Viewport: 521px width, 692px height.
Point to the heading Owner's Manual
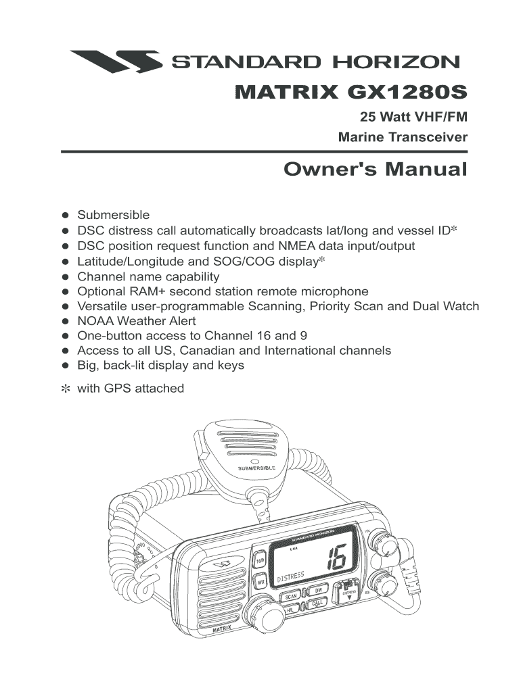pyautogui.click(x=375, y=168)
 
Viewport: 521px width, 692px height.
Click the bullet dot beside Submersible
pyautogui.click(x=66, y=216)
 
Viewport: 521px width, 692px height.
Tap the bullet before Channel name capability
pyautogui.click(x=66, y=276)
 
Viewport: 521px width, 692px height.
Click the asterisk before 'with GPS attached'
pyautogui.click(x=66, y=389)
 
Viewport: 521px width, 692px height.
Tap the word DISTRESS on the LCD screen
pyautogui.click(x=291, y=576)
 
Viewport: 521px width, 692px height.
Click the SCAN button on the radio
pyautogui.click(x=291, y=596)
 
